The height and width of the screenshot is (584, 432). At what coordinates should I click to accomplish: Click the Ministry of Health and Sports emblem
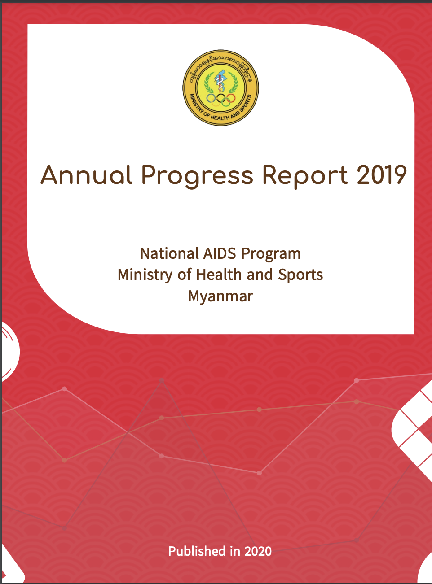[220, 87]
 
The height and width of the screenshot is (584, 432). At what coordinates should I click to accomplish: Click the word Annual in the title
[86, 174]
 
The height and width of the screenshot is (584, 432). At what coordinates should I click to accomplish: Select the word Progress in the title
[197, 176]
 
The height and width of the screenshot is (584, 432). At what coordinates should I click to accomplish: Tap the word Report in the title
[305, 176]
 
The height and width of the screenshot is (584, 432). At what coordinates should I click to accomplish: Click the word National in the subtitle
[169, 253]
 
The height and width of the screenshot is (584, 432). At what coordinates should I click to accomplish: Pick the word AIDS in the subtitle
[220, 253]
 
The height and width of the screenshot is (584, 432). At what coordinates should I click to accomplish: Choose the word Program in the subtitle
[271, 255]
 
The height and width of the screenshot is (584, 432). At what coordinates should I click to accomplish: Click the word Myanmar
[220, 296]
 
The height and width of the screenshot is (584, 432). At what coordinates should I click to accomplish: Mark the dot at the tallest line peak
[162, 380]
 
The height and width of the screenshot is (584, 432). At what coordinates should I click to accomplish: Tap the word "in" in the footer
[235, 551]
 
